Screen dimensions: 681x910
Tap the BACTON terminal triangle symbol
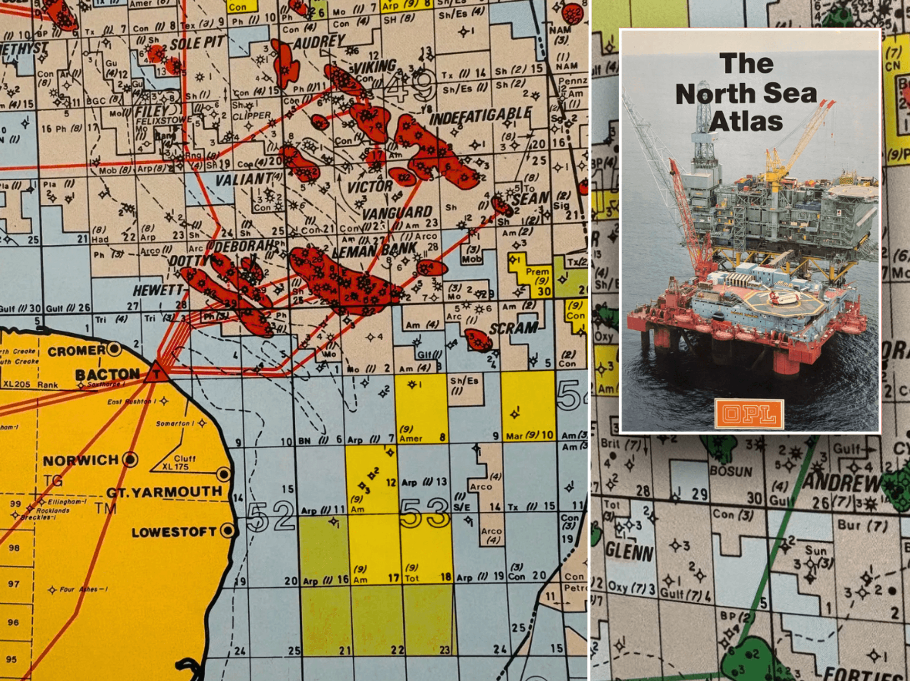(156, 373)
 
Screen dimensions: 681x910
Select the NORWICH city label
(81, 460)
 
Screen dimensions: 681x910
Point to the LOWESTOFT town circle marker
(227, 530)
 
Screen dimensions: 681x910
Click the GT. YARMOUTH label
(164, 492)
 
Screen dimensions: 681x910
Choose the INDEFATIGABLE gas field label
(480, 116)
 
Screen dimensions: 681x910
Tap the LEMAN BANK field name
(374, 250)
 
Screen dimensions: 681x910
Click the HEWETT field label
(157, 290)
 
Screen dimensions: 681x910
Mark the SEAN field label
(531, 199)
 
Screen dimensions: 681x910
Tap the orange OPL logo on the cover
(749, 414)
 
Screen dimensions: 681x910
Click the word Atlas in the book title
(746, 122)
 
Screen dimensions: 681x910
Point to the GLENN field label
(629, 553)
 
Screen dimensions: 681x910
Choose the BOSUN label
(731, 472)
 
